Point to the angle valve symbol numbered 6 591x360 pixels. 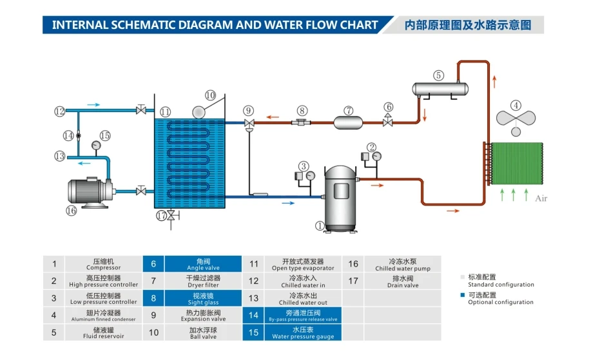click(x=388, y=121)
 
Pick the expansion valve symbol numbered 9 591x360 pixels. click(x=249, y=123)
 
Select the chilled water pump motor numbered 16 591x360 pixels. click(x=87, y=192)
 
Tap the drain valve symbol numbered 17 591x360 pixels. click(x=170, y=216)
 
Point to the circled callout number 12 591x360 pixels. click(x=59, y=111)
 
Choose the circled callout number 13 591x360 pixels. click(x=59, y=156)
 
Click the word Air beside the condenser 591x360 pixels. click(x=540, y=198)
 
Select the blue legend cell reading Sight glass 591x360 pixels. click(x=203, y=298)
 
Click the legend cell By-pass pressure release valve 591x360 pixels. click(x=293, y=316)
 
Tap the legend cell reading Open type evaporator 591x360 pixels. click(x=293, y=264)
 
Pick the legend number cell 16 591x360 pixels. click(x=353, y=264)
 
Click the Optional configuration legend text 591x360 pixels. click(x=500, y=302)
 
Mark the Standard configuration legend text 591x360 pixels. click(x=501, y=285)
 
